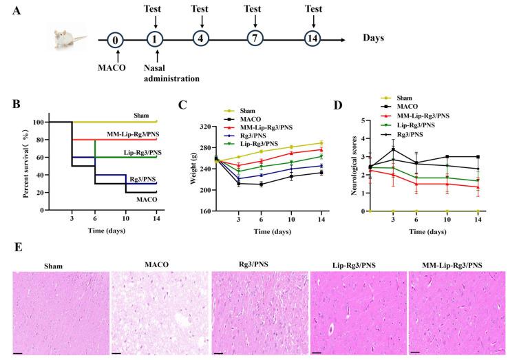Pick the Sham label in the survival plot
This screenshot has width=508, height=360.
(145, 116)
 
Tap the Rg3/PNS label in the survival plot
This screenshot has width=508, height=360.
(142, 178)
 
